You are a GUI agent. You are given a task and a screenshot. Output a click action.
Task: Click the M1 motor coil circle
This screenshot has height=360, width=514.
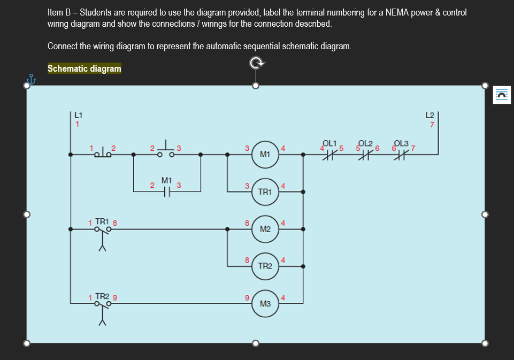264,154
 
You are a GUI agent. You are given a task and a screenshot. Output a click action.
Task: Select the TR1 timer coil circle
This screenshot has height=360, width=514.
264,191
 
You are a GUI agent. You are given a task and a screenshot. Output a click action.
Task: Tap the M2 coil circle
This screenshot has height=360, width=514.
264,229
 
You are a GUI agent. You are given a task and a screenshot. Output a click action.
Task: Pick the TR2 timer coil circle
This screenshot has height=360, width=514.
264,266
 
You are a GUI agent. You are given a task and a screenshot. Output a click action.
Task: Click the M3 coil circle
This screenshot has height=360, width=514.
264,303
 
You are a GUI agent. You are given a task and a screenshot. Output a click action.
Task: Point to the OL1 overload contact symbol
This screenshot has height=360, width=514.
330,154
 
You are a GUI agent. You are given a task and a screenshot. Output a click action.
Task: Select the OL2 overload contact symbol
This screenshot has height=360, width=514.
366,154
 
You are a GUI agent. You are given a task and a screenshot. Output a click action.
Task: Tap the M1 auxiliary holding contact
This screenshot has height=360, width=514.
166,190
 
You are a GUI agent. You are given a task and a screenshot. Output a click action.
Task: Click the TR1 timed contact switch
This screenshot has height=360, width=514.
103,231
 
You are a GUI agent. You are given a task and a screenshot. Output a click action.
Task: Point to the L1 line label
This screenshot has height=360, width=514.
78,114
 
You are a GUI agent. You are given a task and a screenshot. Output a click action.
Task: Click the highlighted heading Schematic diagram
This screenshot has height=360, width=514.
85,68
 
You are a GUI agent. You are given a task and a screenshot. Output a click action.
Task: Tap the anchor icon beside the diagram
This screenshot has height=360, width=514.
30,80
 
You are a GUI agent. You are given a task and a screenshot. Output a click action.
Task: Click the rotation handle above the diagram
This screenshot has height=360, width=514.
256,63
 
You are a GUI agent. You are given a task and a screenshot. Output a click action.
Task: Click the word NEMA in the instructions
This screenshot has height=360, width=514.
396,12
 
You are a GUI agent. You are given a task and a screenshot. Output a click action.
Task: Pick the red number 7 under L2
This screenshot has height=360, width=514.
432,125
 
